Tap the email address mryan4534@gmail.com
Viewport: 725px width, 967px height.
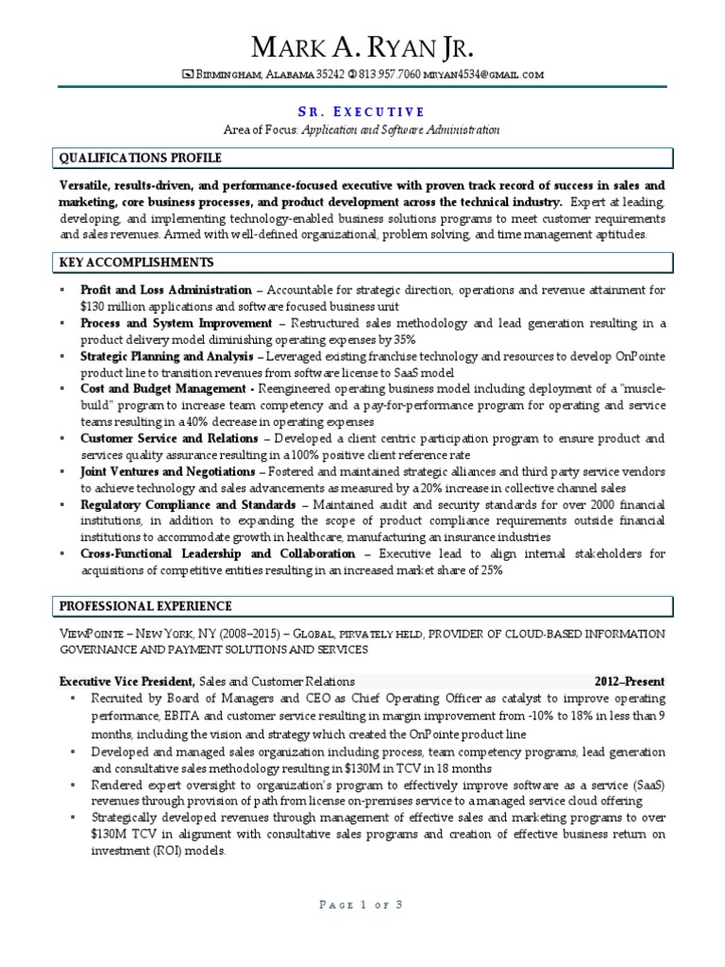(x=483, y=75)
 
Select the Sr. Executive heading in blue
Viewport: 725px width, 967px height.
(x=362, y=110)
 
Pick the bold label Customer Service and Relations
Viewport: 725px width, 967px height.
(x=169, y=439)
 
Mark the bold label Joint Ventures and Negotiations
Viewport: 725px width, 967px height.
(x=167, y=471)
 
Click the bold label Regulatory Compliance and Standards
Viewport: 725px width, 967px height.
(x=189, y=505)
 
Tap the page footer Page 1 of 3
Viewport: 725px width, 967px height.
(x=362, y=905)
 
